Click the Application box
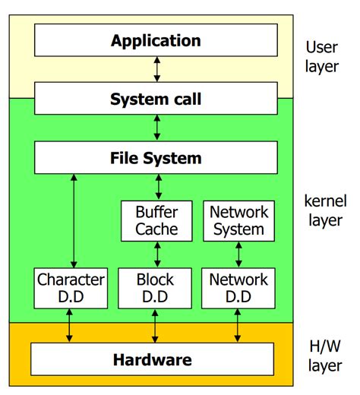156,39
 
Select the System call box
156,99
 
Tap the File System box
156,158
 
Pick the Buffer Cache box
156,220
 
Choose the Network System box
238,220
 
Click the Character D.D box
71,288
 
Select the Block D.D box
156,288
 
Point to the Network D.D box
238,288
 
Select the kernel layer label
325,211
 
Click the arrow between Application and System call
156,69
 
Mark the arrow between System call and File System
156,128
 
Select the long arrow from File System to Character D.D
73,220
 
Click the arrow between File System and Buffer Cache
157,187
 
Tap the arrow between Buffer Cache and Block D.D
156,254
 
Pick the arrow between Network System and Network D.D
238,254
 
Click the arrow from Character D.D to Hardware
71,325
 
